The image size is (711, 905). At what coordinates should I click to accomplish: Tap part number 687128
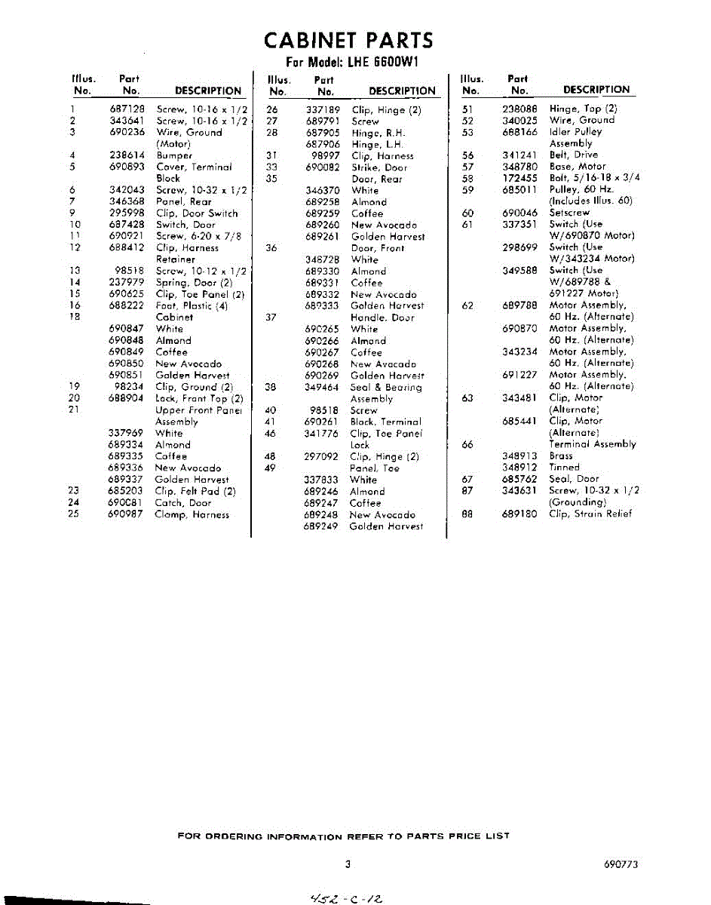(126, 109)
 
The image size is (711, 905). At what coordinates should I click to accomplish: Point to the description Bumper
(174, 155)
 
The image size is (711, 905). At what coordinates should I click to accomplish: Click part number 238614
(126, 155)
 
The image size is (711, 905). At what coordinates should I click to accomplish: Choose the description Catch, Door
(183, 502)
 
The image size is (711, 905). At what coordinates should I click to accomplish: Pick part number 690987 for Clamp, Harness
(126, 514)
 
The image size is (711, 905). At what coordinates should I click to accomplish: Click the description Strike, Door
(379, 167)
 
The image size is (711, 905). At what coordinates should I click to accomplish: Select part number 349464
(322, 387)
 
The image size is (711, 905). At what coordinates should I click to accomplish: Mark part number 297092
(322, 456)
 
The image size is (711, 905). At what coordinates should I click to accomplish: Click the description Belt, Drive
(573, 155)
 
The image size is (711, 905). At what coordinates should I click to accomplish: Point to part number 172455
(519, 178)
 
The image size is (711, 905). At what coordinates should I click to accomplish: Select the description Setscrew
(572, 213)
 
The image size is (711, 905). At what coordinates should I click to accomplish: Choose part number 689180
(519, 514)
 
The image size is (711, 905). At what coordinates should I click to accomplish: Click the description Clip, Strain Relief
(590, 514)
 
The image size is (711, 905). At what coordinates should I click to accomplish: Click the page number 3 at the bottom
(348, 864)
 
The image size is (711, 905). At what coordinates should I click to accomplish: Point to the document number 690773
(621, 865)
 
